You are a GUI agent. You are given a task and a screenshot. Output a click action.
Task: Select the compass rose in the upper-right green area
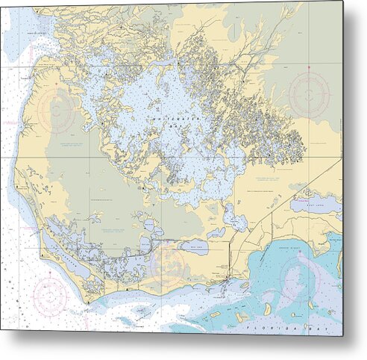(310, 93)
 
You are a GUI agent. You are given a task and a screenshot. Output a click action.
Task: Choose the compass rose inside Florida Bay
(298, 280)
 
